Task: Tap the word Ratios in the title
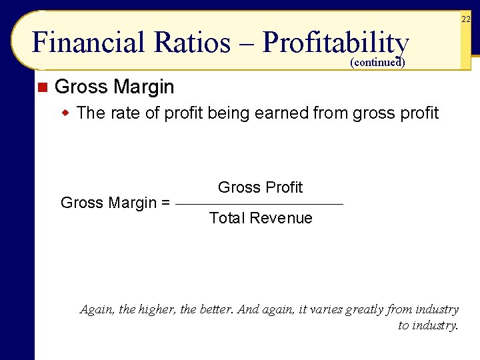(x=192, y=43)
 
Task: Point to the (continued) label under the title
(x=377, y=63)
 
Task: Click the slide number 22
(x=465, y=20)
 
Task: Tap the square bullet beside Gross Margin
(x=42, y=87)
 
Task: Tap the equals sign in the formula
(x=165, y=203)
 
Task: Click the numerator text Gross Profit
(x=260, y=188)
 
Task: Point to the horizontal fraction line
(x=260, y=204)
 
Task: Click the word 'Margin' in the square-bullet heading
(x=144, y=87)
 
